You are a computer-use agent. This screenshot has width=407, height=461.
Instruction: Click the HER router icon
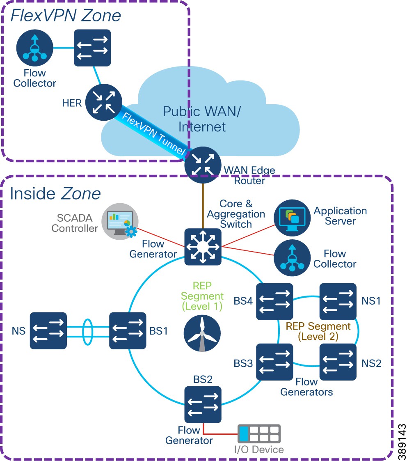104,103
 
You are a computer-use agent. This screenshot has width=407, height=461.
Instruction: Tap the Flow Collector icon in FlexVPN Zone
35,48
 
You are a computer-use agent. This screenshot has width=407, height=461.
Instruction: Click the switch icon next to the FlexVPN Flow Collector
92,48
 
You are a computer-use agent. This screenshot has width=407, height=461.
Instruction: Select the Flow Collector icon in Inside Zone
292,258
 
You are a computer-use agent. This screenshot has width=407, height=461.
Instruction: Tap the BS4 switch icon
274,302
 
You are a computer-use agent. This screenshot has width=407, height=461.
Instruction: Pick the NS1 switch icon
338,302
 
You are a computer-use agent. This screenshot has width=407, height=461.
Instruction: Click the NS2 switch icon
338,362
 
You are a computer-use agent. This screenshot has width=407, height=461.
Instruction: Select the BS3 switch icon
274,362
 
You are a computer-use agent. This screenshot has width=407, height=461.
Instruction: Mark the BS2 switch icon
203,404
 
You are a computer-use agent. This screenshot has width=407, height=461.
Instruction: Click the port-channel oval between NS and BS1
88,330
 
